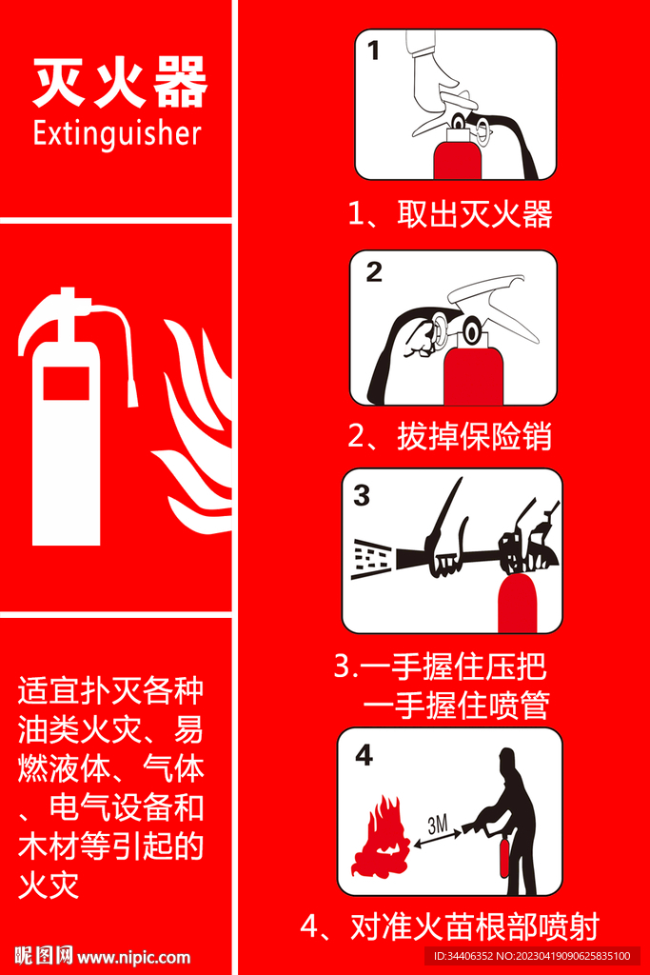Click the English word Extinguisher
117,133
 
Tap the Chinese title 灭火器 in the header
119,82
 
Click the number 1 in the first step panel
373,50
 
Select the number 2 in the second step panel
373,271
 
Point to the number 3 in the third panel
362,495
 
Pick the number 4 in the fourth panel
364,755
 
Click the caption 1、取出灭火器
450,214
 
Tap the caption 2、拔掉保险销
450,435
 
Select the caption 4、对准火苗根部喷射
450,926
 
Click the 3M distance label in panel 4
438,825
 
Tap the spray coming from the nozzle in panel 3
371,559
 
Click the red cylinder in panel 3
519,603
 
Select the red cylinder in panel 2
474,376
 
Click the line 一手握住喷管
457,706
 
